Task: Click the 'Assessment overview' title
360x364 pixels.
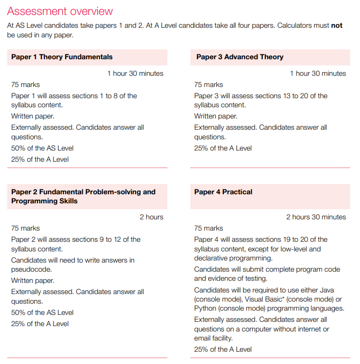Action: pos(60,11)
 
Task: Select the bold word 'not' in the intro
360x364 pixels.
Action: pos(336,26)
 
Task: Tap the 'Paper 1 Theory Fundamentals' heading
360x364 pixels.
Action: pos(62,57)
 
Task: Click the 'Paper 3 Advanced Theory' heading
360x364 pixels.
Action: pos(240,57)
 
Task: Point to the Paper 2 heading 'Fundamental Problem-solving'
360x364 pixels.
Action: pos(83,192)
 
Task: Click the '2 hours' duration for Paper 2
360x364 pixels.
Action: pos(152,217)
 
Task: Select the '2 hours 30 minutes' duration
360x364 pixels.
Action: pos(316,217)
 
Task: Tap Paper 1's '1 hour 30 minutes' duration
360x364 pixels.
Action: pos(135,74)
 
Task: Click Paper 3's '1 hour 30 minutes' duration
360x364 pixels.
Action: pos(318,74)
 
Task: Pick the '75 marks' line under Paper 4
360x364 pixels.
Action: pos(208,228)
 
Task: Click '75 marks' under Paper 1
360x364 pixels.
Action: pos(26,85)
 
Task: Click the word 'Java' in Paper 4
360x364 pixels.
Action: pos(332,290)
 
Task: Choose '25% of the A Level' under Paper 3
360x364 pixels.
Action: pos(223,148)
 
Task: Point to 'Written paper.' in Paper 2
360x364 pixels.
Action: pos(33,281)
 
